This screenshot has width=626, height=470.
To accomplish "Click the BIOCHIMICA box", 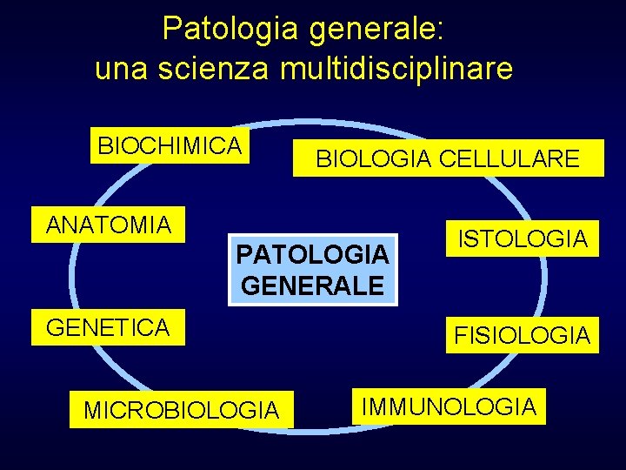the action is pyautogui.click(x=170, y=146).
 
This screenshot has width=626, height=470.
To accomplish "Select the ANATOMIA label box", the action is pyautogui.click(x=109, y=225).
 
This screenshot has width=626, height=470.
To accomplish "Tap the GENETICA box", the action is pyautogui.click(x=109, y=328).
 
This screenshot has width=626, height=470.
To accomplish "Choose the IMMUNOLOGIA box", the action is pyautogui.click(x=449, y=406).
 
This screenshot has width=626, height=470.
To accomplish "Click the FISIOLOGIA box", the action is pyautogui.click(x=522, y=335).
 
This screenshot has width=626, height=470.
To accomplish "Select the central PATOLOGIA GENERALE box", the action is pyautogui.click(x=312, y=270).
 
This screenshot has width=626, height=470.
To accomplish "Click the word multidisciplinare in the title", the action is pyautogui.click(x=396, y=69).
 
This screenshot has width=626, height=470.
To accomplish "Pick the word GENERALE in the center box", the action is pyautogui.click(x=312, y=285).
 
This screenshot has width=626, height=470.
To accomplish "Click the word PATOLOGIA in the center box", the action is pyautogui.click(x=312, y=255).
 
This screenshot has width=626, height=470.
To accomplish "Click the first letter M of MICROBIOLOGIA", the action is pyautogui.click(x=92, y=410).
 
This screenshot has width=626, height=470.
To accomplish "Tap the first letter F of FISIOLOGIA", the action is pyautogui.click(x=457, y=335).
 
